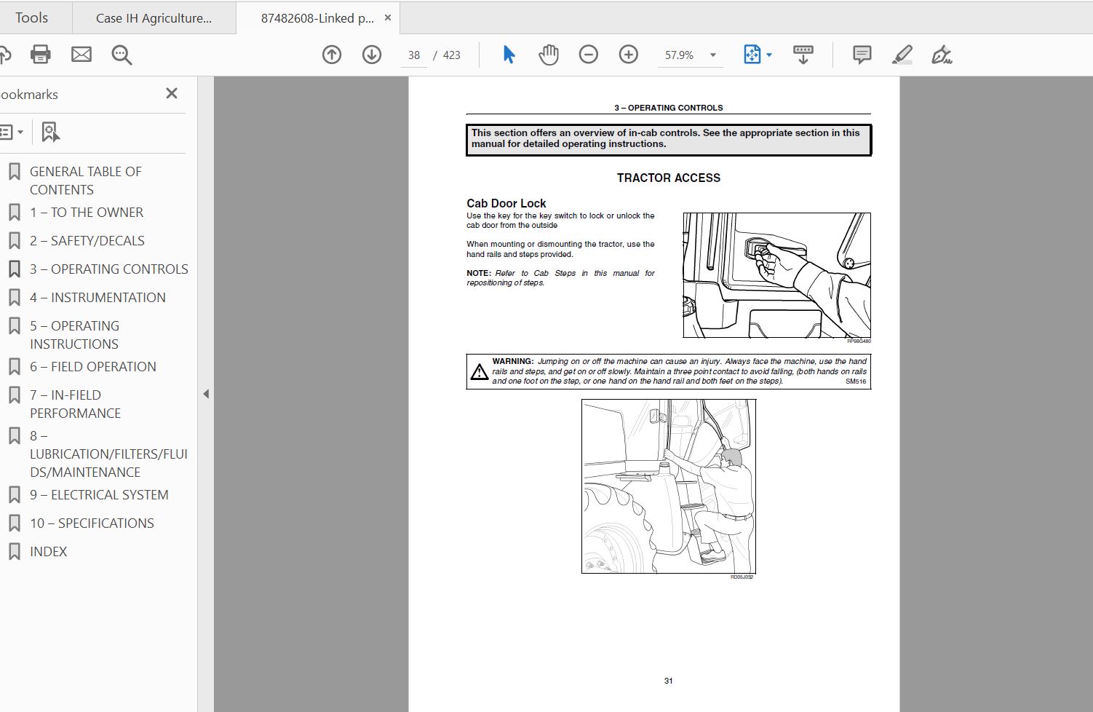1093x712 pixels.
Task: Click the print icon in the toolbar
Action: click(x=40, y=55)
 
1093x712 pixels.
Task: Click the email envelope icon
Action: click(x=81, y=55)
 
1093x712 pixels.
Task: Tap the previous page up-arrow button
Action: click(x=332, y=55)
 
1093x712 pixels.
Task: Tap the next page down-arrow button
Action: click(x=372, y=55)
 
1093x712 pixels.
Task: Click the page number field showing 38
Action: click(x=414, y=55)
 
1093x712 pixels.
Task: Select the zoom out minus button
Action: click(x=588, y=55)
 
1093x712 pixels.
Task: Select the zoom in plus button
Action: click(x=628, y=55)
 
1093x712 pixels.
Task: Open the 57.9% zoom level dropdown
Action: click(x=712, y=55)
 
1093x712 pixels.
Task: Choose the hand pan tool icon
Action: click(x=548, y=55)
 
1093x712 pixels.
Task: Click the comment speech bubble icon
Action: click(x=862, y=55)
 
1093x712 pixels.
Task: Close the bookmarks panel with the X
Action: click(x=172, y=93)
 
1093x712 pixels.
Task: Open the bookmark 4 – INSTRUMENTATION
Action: click(x=98, y=297)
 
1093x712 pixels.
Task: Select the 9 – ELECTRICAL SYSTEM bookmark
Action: click(x=99, y=494)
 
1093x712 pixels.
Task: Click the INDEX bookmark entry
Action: click(x=48, y=551)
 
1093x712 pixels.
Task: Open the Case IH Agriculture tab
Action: click(x=154, y=18)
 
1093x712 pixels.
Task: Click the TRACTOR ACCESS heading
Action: click(x=668, y=178)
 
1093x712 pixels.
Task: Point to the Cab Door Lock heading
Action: click(x=506, y=203)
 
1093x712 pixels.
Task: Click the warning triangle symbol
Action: click(x=479, y=372)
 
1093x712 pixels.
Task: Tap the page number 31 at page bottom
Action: click(x=668, y=681)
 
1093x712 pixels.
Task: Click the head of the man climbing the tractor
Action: click(x=731, y=457)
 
